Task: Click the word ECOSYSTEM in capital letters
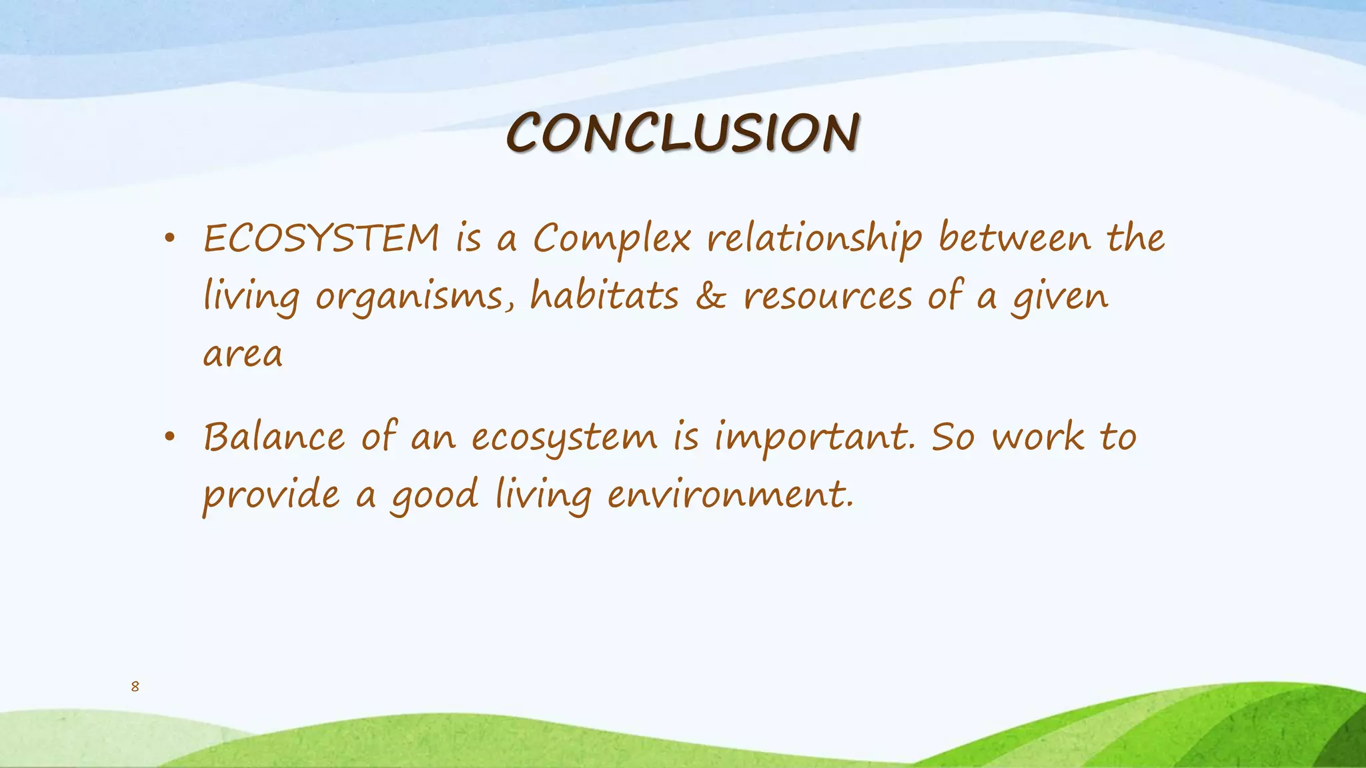point(321,239)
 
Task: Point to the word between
point(1014,238)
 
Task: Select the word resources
point(827,297)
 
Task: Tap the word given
point(1060,298)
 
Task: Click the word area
point(243,355)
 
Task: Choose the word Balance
point(274,438)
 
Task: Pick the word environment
point(730,496)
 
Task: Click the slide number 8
point(135,687)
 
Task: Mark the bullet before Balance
point(170,437)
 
